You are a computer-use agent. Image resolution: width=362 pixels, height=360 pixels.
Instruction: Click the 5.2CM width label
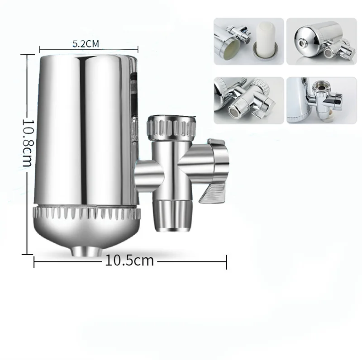pyautogui.click(x=86, y=44)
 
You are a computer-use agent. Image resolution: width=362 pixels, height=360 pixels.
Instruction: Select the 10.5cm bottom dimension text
pyautogui.click(x=129, y=261)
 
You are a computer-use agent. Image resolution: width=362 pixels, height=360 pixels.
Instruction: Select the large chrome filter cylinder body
pyautogui.click(x=84, y=131)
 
